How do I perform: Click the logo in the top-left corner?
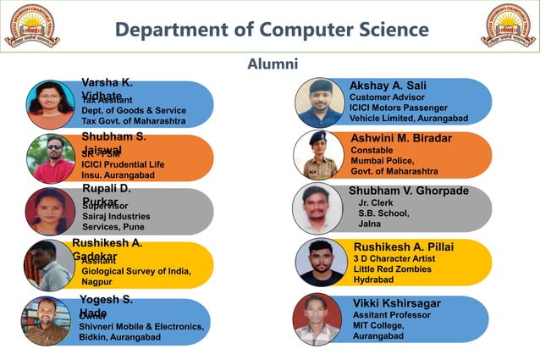(x=32, y=25)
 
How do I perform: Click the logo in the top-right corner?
(x=508, y=25)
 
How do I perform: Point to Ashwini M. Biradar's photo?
(x=318, y=155)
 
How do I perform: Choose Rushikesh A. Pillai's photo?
(x=320, y=262)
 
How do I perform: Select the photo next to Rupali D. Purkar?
(x=49, y=212)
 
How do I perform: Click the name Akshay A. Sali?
(x=388, y=86)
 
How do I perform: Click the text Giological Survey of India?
(x=135, y=271)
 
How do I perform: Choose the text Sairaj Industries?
(x=116, y=216)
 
